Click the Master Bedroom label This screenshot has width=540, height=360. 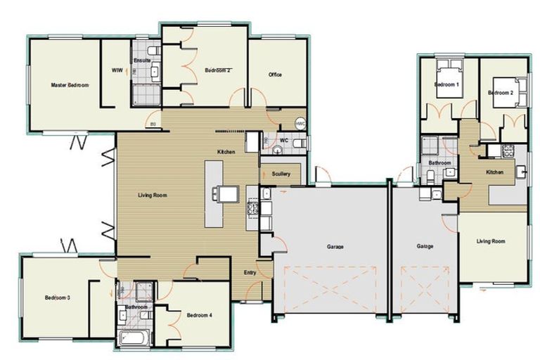pyautogui.click(x=70, y=84)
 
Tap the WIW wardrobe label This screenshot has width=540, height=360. pyautogui.click(x=117, y=71)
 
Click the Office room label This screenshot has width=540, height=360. pyautogui.click(x=276, y=75)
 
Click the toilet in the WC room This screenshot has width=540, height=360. pyautogui.click(x=299, y=143)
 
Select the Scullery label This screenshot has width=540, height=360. pyautogui.click(x=281, y=172)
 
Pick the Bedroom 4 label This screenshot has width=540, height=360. pyautogui.click(x=200, y=316)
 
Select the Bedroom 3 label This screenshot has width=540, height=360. pyautogui.click(x=57, y=297)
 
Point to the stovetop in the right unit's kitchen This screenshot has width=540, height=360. pyautogui.click(x=508, y=150)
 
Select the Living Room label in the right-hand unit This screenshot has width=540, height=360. pyautogui.click(x=491, y=241)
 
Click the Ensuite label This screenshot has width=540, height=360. pyautogui.click(x=143, y=61)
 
